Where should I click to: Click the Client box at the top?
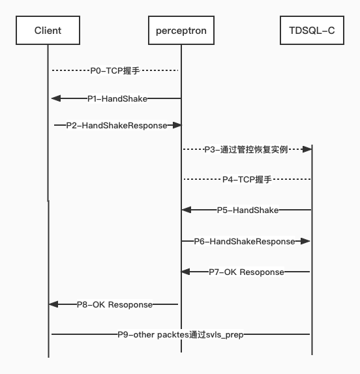[x=48, y=31]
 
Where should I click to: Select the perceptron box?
[x=181, y=31]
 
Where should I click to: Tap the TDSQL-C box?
[x=312, y=31]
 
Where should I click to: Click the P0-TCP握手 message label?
[x=115, y=69]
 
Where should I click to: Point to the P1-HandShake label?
[x=117, y=98]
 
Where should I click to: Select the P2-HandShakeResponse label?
[x=117, y=124]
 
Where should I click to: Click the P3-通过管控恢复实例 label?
[x=245, y=149]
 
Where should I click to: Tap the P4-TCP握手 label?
[x=247, y=179]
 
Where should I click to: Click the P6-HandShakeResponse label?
[x=245, y=241]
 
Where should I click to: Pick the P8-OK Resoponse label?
[x=115, y=304]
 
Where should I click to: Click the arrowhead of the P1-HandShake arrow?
[x=55, y=98]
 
